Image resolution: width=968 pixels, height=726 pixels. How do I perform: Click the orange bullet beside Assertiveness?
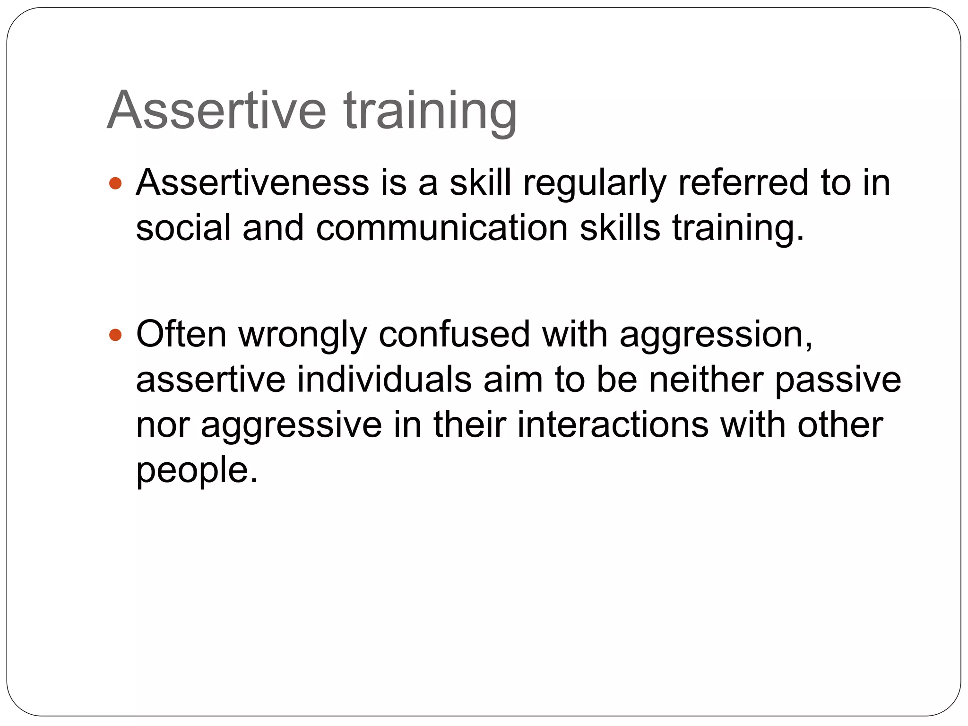(x=115, y=183)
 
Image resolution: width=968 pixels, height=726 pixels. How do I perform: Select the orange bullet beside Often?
(x=115, y=335)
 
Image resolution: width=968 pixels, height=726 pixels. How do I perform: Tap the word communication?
(x=441, y=228)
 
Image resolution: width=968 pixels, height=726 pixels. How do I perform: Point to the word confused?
(x=454, y=334)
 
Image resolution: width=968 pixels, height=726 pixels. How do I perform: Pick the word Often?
(x=181, y=334)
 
